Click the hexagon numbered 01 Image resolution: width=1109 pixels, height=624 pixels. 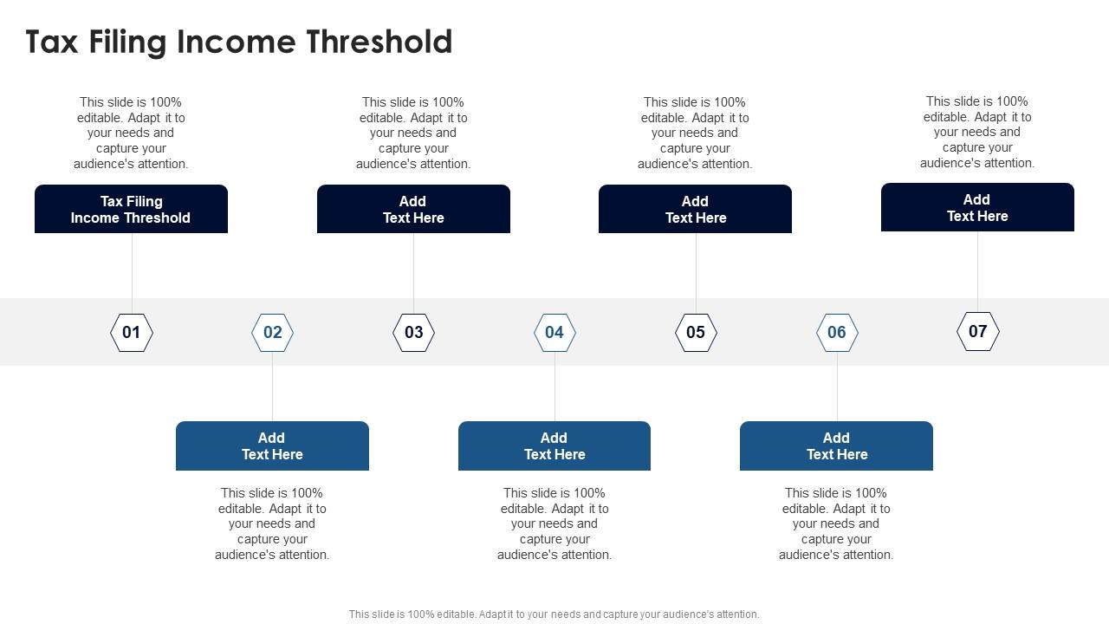132,333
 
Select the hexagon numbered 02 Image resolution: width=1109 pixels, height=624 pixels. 273,333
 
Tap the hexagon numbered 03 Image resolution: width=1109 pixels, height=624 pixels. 414,333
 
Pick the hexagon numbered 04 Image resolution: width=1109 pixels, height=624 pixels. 554,333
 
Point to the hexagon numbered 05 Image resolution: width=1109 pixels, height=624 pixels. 696,333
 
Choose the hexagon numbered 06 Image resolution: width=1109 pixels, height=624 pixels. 837,333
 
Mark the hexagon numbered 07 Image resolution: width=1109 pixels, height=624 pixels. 978,332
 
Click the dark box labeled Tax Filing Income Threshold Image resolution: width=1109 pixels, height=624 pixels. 131,209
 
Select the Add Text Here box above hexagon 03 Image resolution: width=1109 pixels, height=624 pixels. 413,209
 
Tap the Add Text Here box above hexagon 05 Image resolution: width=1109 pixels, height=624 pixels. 695,209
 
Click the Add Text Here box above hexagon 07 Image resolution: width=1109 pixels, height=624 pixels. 977,207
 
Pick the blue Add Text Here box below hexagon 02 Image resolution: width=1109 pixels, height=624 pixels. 272,445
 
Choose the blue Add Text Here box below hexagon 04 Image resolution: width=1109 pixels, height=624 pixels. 554,445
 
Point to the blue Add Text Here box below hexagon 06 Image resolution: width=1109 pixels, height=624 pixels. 836,445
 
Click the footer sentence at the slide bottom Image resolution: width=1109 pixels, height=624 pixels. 554,614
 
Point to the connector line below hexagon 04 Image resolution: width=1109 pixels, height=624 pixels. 554,387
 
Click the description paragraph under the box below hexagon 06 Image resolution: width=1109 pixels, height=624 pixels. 836,523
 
